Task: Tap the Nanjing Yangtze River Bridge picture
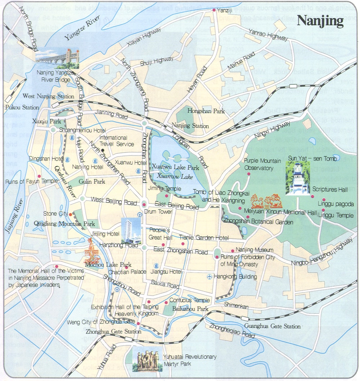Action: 57,58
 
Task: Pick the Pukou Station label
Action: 22,107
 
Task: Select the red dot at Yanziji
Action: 214,10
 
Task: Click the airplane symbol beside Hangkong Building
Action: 210,277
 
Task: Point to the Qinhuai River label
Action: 65,182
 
